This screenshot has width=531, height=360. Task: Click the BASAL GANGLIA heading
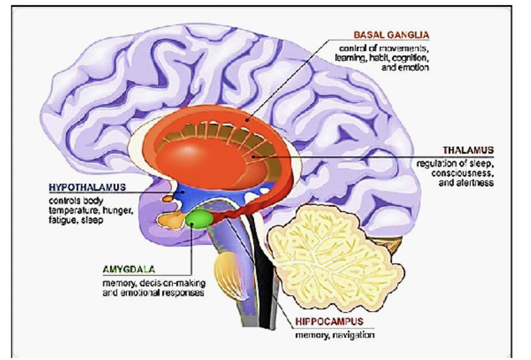point(391,35)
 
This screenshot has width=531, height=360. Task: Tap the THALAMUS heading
point(468,150)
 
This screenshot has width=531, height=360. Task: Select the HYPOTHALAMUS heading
point(88,187)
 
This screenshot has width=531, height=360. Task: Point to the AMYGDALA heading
point(129,270)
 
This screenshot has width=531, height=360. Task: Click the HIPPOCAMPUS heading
point(329,321)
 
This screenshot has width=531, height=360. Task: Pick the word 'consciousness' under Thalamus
point(463,173)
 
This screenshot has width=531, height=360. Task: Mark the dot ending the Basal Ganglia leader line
point(247,120)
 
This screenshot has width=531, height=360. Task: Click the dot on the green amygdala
point(192,224)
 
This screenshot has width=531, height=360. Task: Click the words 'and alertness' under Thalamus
point(466,183)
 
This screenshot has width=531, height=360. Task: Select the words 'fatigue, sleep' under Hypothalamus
point(76,220)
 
